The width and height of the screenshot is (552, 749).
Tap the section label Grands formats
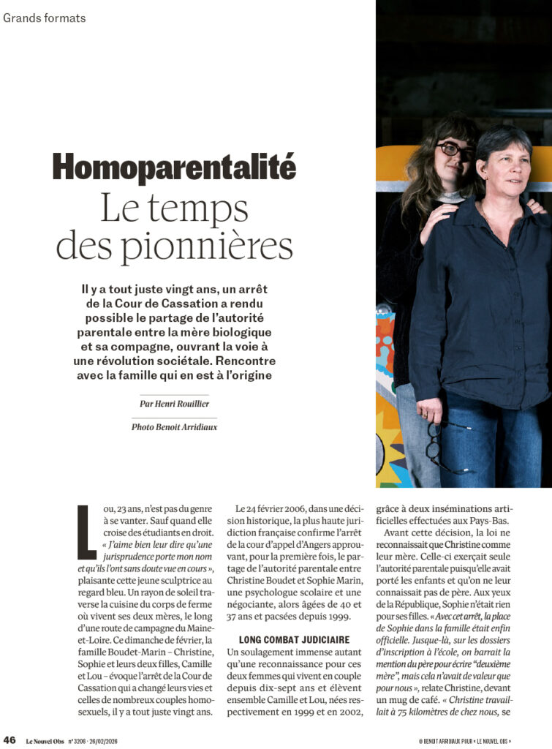point(44,18)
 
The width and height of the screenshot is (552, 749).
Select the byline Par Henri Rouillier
point(174,403)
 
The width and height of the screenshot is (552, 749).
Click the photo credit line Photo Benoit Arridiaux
point(174,426)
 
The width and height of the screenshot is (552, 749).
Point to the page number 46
point(10,739)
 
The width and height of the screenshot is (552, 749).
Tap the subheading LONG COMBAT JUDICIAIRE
point(284,639)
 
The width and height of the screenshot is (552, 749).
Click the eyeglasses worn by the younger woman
point(455,150)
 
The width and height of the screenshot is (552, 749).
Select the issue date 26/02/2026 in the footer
point(105,739)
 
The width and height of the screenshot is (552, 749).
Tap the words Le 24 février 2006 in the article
point(271,508)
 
